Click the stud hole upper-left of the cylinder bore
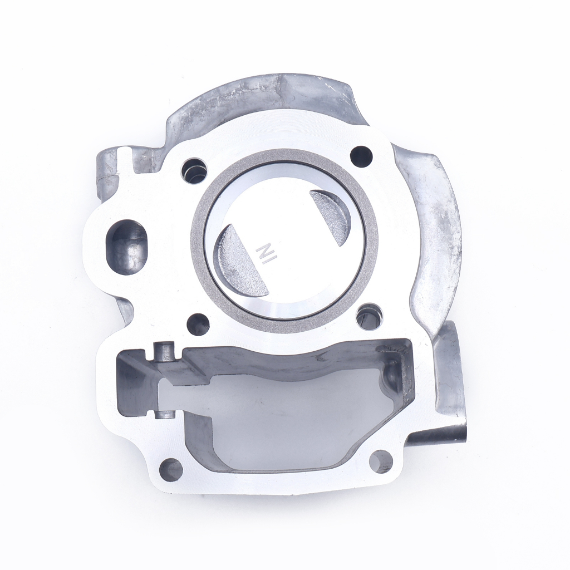(x=193, y=170)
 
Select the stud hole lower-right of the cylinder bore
(x=368, y=316)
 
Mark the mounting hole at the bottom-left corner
(x=171, y=469)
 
